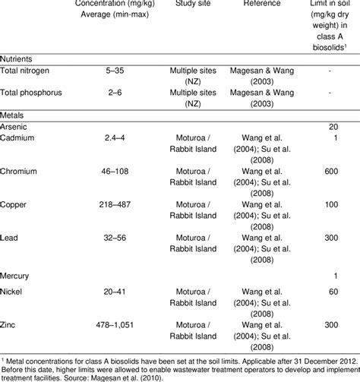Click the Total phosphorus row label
pyautogui.click(x=36, y=97)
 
